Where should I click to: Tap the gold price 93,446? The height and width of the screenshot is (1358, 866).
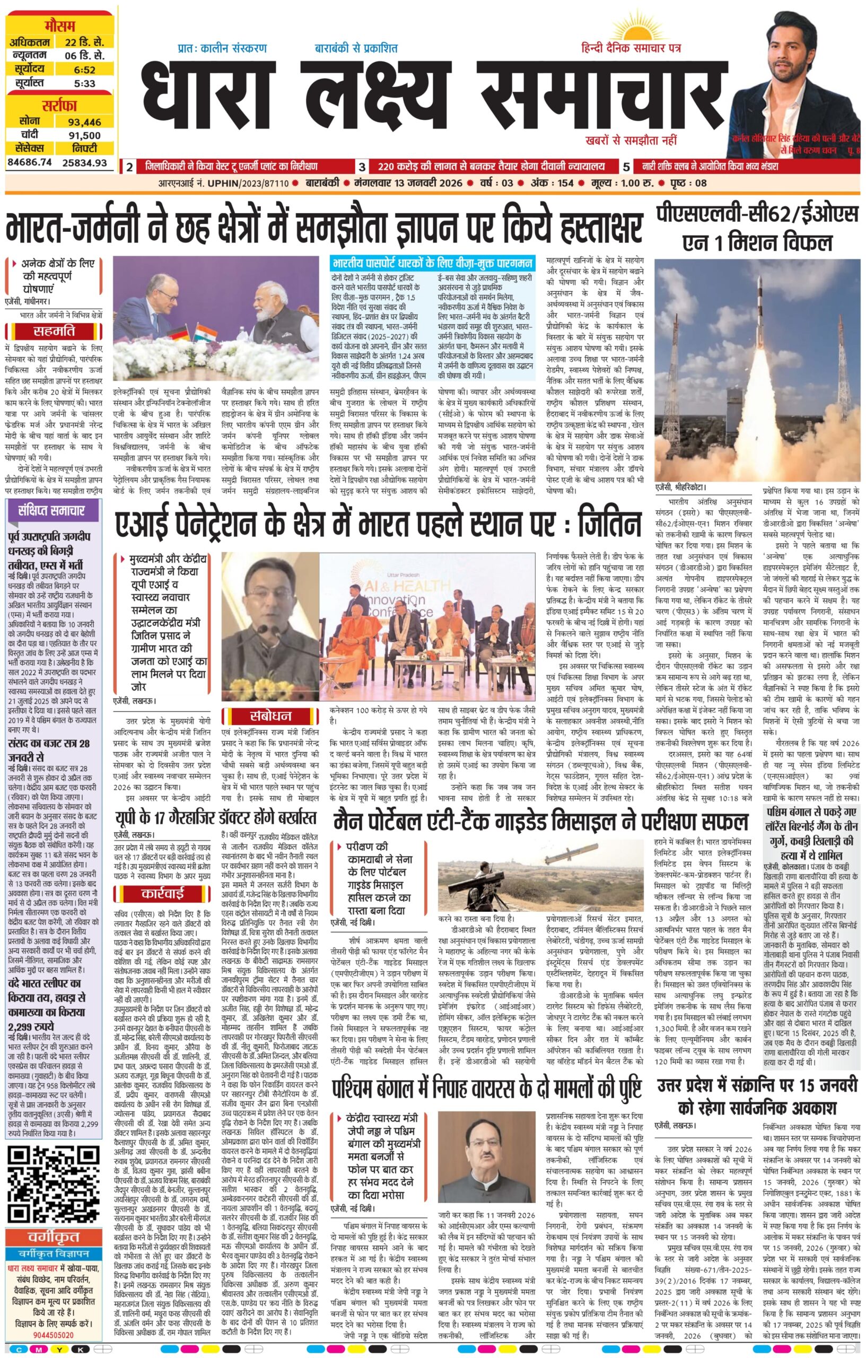(x=84, y=122)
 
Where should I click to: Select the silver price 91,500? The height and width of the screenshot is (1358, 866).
(x=84, y=135)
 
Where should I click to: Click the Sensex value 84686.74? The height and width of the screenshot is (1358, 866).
(x=29, y=162)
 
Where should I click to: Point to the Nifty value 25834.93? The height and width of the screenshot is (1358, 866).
(x=84, y=162)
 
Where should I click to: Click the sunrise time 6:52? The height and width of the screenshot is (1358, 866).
(x=84, y=69)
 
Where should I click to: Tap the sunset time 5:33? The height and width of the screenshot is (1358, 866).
(x=84, y=83)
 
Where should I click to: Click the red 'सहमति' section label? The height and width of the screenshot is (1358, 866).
(x=54, y=331)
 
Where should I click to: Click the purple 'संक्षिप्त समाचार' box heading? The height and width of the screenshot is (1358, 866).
(x=54, y=510)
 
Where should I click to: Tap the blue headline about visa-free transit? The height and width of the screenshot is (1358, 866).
(x=432, y=263)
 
